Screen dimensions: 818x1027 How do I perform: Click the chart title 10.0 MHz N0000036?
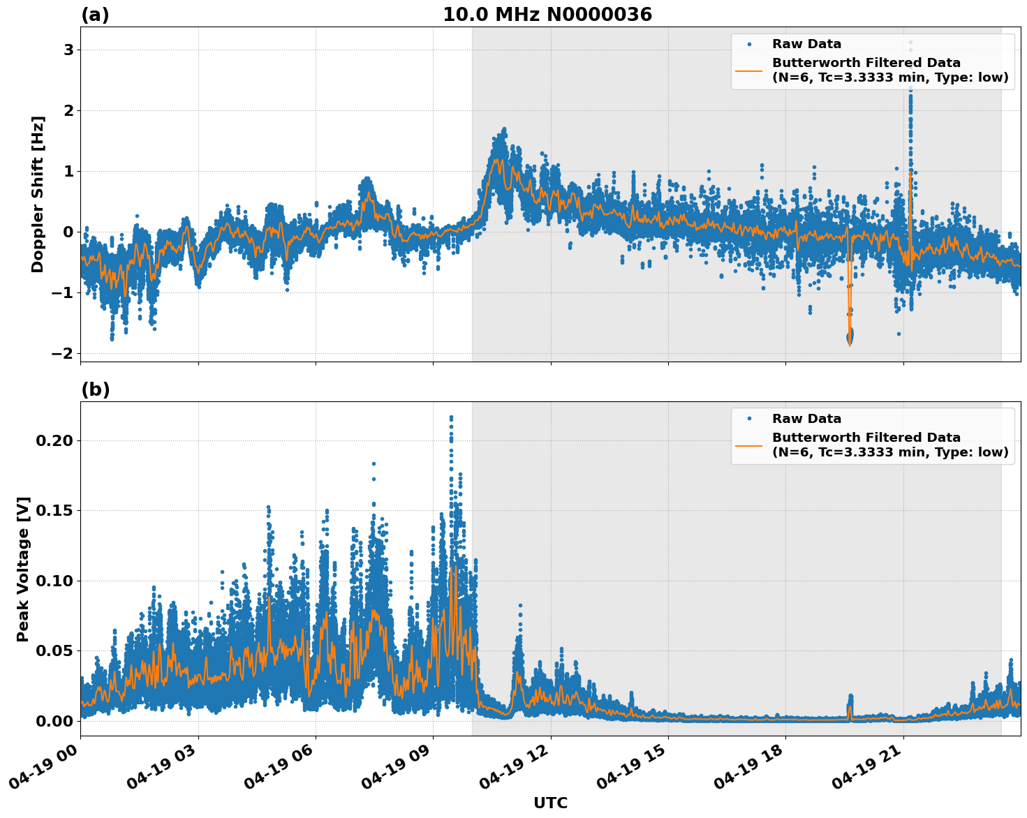pos(547,15)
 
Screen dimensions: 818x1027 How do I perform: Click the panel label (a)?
pos(95,15)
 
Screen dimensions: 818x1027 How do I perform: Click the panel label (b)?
pos(95,389)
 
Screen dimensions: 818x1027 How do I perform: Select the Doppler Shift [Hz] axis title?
pos(38,194)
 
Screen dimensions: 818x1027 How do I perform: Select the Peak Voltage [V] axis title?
pos(23,569)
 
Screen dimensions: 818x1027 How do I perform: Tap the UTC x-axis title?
pos(550,803)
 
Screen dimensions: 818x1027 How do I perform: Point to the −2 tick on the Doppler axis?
pos(63,354)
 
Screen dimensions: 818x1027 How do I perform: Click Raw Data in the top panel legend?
pos(806,44)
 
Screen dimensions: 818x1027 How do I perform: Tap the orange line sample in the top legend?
pos(749,70)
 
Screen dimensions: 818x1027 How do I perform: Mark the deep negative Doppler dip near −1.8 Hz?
pos(850,338)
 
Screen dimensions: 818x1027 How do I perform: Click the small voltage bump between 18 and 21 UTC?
pos(850,700)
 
